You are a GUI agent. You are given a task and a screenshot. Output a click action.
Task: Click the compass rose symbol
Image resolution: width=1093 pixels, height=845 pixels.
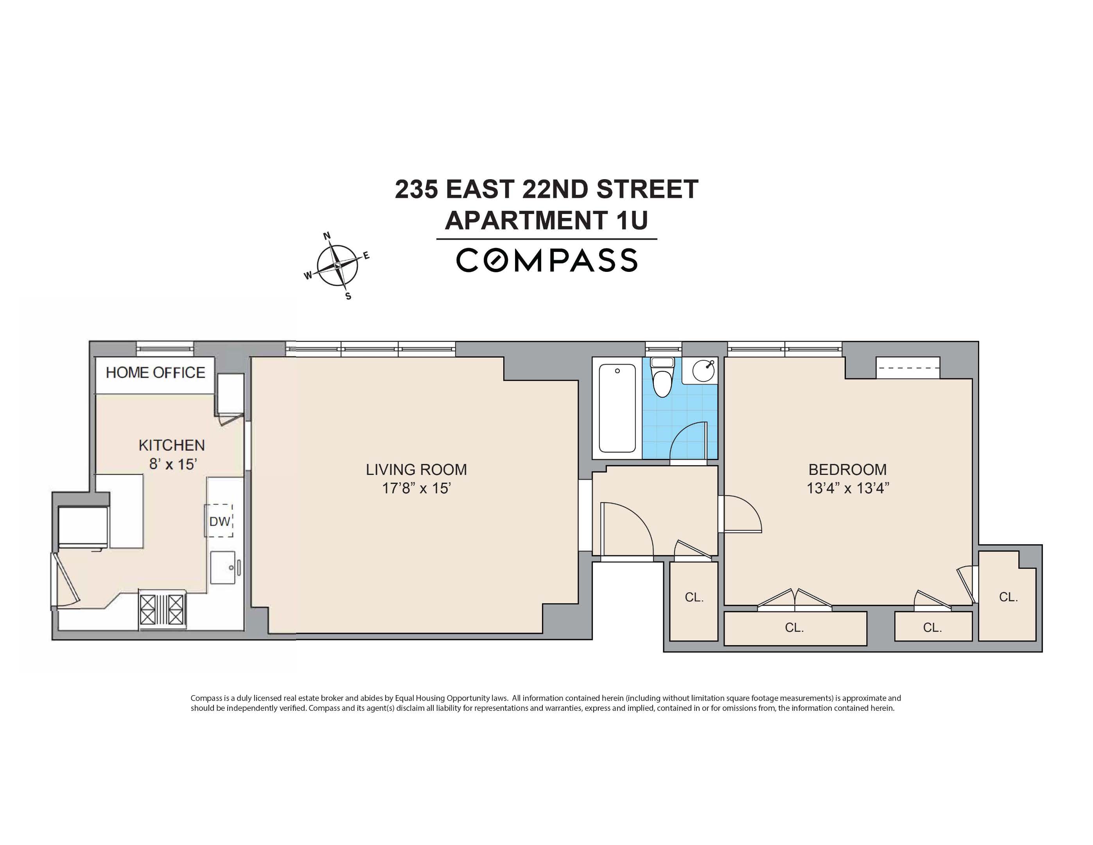338,265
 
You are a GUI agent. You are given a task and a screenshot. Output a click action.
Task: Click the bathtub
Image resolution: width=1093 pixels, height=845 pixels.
617,408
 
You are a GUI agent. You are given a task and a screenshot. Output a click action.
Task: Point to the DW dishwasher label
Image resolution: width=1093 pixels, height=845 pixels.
219,521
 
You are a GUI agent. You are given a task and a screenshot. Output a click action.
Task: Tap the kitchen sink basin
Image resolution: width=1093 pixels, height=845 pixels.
223,567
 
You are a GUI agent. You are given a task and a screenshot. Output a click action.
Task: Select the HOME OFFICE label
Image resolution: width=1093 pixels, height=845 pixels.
155,373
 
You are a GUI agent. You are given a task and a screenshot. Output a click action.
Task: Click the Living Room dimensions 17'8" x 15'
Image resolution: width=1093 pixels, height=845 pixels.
416,488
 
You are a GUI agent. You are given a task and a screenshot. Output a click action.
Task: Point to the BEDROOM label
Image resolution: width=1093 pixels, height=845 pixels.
847,469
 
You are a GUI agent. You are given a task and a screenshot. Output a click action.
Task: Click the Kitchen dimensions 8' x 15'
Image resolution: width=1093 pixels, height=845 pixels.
172,464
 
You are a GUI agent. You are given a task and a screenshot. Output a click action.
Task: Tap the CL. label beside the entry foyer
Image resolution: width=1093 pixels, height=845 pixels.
694,597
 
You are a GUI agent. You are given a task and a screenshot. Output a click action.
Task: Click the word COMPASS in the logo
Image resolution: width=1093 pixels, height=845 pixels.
547,260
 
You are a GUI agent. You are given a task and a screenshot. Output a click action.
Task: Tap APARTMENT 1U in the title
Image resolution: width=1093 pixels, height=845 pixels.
547,220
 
